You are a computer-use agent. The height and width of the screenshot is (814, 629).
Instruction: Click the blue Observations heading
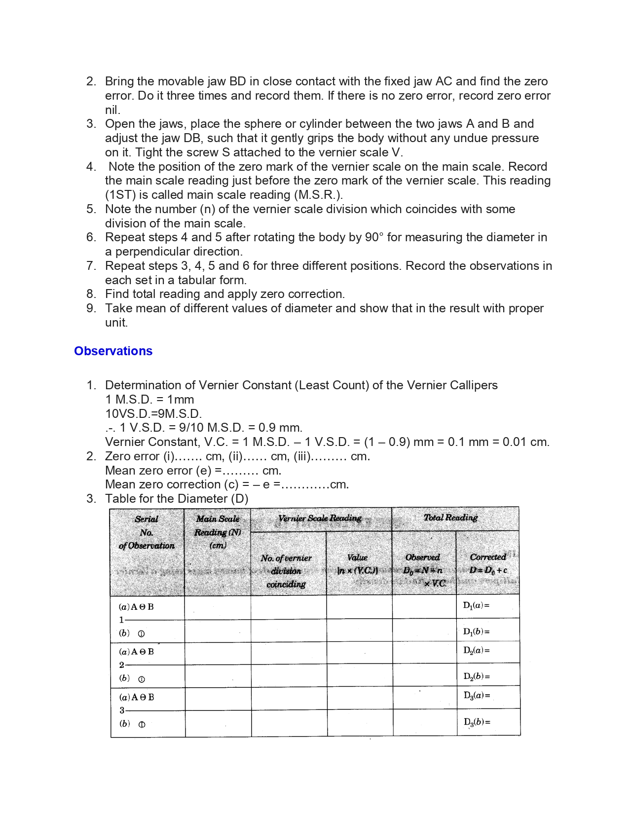pyautogui.click(x=113, y=351)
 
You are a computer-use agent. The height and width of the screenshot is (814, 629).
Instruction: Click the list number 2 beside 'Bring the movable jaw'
pyautogui.click(x=91, y=81)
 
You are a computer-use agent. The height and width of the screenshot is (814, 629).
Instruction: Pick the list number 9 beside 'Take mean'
pyautogui.click(x=91, y=308)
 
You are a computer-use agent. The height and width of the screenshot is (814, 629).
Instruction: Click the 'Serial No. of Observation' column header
pyautogui.click(x=147, y=533)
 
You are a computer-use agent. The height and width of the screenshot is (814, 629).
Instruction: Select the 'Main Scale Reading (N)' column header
pyautogui.click(x=218, y=532)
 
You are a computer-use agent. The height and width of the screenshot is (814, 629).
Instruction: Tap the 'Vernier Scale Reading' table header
pyautogui.click(x=320, y=518)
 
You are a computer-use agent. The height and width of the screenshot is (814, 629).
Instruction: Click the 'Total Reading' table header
pyautogui.click(x=450, y=518)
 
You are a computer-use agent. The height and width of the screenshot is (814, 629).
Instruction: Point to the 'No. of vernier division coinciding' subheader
pyautogui.click(x=286, y=571)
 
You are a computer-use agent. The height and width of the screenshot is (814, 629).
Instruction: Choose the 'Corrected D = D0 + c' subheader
pyautogui.click(x=488, y=563)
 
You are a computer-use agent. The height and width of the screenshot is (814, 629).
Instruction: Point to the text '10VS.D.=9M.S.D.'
pyautogui.click(x=153, y=413)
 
